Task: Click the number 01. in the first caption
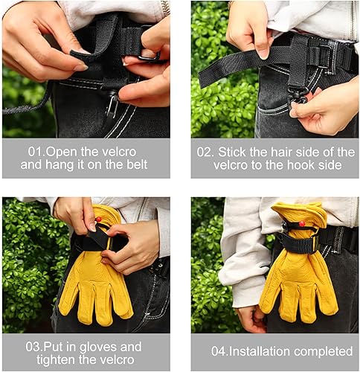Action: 36,152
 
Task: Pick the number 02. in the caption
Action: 205,152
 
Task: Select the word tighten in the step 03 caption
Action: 56,359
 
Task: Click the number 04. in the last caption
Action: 219,351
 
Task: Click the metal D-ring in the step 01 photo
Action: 150,55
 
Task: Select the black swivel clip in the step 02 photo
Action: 298,97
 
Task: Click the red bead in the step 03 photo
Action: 99,219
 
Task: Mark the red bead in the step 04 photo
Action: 301,224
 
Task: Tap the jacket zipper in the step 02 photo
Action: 353,21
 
